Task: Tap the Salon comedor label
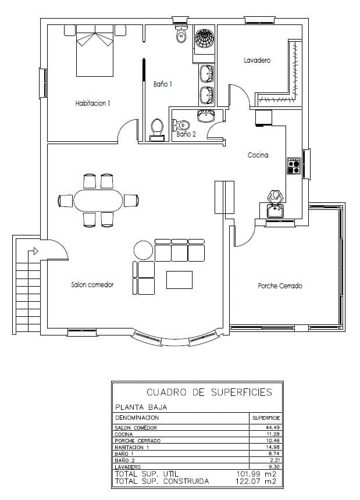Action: [x=92, y=285]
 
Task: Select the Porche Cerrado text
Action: [x=280, y=285]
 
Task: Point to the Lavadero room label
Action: [x=257, y=60]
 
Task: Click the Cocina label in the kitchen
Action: [x=258, y=155]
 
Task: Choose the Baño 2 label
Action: [x=186, y=134]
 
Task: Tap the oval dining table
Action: [x=98, y=201]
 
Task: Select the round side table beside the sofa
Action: [x=142, y=251]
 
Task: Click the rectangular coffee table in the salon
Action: [x=179, y=280]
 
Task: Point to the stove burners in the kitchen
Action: [x=293, y=167]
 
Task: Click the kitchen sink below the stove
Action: [x=275, y=209]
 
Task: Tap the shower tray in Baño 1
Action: [x=204, y=39]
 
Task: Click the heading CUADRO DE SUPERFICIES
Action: [x=209, y=392]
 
